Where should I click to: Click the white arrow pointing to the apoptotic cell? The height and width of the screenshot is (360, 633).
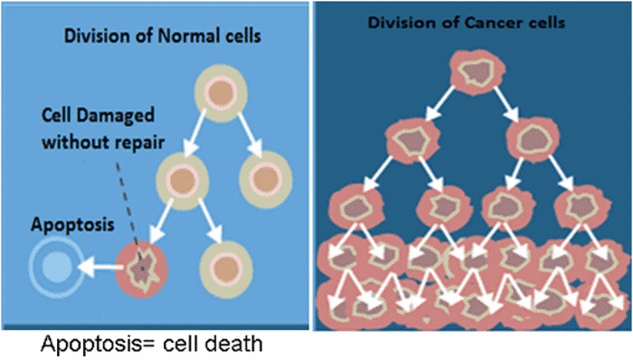(99, 267)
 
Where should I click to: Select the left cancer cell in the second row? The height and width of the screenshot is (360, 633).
(412, 139)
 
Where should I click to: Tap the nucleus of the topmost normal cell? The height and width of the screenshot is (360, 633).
(222, 91)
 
